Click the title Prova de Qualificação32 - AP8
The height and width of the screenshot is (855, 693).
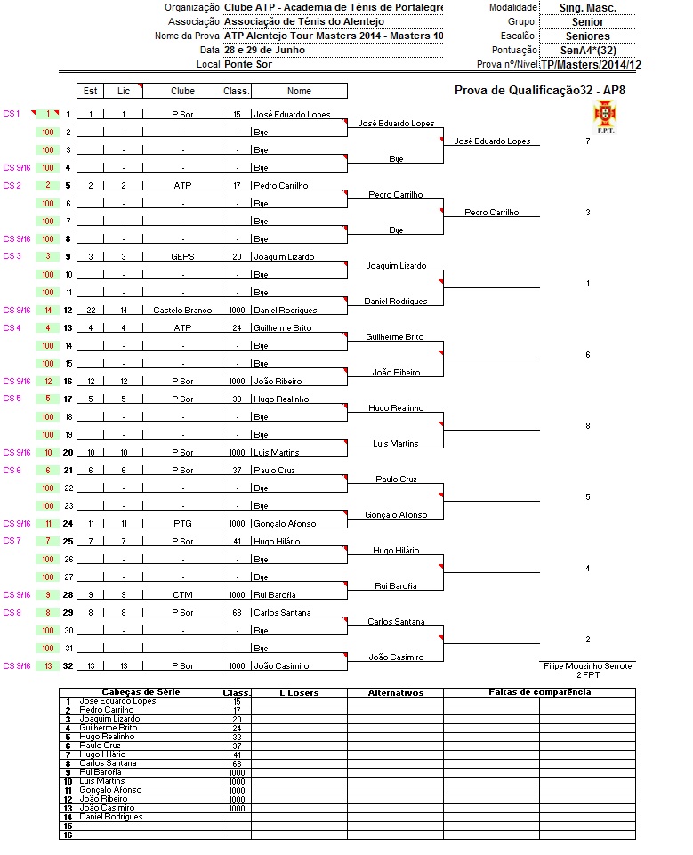(540, 90)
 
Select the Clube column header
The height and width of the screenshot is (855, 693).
(182, 91)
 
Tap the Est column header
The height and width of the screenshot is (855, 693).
(90, 91)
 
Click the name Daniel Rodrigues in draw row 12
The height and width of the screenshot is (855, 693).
(286, 311)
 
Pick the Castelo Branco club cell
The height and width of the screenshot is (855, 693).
(182, 311)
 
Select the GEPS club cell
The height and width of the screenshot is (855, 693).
(182, 257)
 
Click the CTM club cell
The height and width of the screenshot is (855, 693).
(182, 595)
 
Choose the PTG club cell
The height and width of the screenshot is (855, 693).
(182, 524)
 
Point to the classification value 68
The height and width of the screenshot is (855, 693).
(237, 613)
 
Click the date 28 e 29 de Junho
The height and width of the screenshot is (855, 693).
(264, 50)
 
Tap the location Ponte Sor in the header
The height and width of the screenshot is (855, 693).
(248, 64)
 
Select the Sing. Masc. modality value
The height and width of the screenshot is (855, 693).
(587, 7)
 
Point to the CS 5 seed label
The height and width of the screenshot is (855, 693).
(12, 398)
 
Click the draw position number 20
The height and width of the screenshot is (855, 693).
(68, 452)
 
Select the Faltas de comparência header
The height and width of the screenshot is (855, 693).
(539, 692)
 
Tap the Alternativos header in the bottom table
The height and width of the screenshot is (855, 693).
(395, 692)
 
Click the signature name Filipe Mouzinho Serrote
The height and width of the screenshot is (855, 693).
(587, 665)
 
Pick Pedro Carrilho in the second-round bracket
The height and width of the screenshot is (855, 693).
(491, 213)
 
